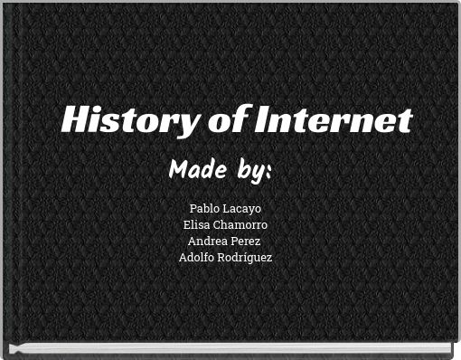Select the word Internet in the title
click(x=332, y=120)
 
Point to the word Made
click(x=198, y=169)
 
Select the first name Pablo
click(x=204, y=209)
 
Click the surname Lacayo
click(x=241, y=209)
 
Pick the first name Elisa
click(x=198, y=225)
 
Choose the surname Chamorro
click(x=241, y=225)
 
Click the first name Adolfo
click(x=198, y=258)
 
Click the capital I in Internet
click(x=261, y=120)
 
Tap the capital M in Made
click(x=178, y=169)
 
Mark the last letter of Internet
click(x=405, y=120)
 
